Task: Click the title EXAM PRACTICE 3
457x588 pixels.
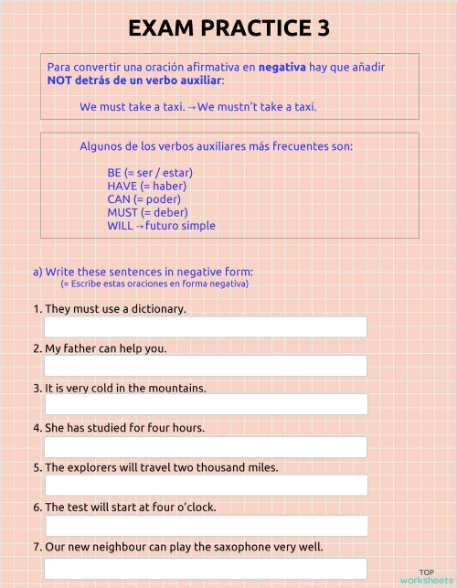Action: pos(228,28)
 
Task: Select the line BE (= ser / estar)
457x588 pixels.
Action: pos(150,172)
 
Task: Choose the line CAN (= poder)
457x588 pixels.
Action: pos(143,198)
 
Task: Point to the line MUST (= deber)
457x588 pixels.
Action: pos(147,212)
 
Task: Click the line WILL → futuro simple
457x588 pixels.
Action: pos(161,225)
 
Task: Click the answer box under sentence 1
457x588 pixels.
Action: pos(205,326)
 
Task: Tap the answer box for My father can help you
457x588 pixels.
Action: pos(205,366)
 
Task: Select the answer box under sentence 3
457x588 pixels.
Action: pos(205,405)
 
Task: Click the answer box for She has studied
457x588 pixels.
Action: pos(205,446)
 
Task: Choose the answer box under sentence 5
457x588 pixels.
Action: pos(205,486)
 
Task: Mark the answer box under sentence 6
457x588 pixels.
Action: pos(205,526)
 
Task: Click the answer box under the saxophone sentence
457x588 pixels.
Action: pos(205,568)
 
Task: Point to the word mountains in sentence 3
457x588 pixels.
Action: pos(178,388)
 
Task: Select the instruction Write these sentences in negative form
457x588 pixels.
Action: pos(149,272)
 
